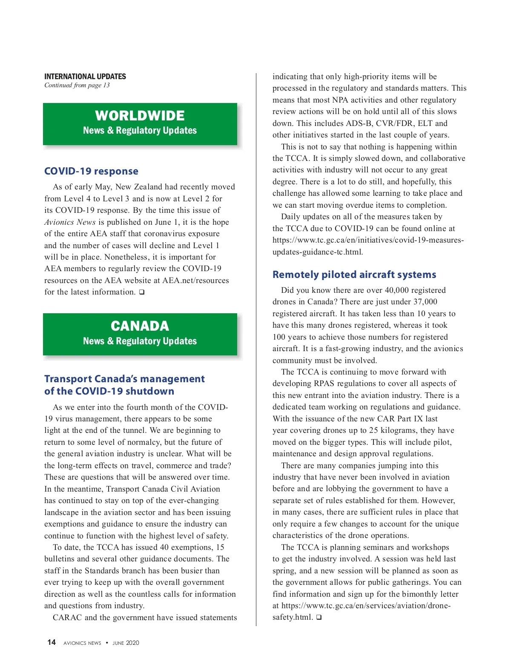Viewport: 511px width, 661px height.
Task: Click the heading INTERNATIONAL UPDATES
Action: coord(85,77)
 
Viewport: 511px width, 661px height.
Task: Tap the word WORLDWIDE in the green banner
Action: coord(140,115)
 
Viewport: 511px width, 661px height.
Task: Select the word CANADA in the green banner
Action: coord(140,326)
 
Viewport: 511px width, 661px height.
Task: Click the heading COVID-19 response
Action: coord(91,171)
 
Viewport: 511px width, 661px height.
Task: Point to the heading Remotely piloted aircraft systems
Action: coord(354,275)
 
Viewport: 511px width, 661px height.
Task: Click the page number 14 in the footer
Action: coord(52,642)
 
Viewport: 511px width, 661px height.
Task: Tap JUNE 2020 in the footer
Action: coord(126,643)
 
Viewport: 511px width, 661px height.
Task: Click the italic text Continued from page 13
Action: coord(77,85)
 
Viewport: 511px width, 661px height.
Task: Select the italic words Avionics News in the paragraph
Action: coord(70,222)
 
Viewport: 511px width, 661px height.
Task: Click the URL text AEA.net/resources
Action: coord(196,280)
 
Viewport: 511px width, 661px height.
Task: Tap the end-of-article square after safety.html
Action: coord(319,617)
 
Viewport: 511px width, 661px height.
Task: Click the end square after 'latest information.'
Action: coord(142,292)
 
